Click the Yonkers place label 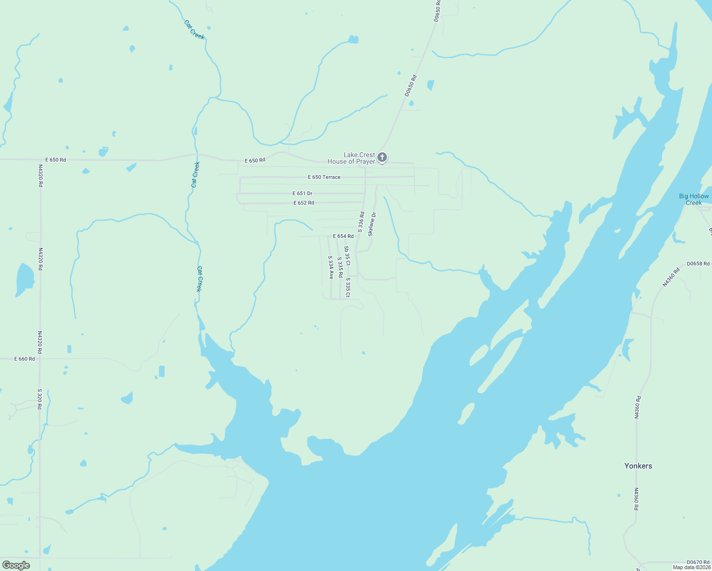tap(638, 466)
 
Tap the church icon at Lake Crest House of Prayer tap(382, 158)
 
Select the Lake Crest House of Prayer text tap(352, 158)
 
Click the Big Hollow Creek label tap(693, 199)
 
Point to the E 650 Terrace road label tap(324, 177)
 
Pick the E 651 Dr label tap(302, 194)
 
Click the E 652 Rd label tap(304, 203)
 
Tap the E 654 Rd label tap(343, 236)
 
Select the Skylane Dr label tap(372, 224)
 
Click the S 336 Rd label tap(361, 222)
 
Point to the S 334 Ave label tap(330, 267)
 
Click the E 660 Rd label tap(25, 359)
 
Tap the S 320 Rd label tap(40, 399)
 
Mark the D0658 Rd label tap(698, 264)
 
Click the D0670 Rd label tap(698, 562)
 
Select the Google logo tap(16, 565)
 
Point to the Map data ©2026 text tap(692, 567)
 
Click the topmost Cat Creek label tap(194, 30)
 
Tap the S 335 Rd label tap(340, 268)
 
